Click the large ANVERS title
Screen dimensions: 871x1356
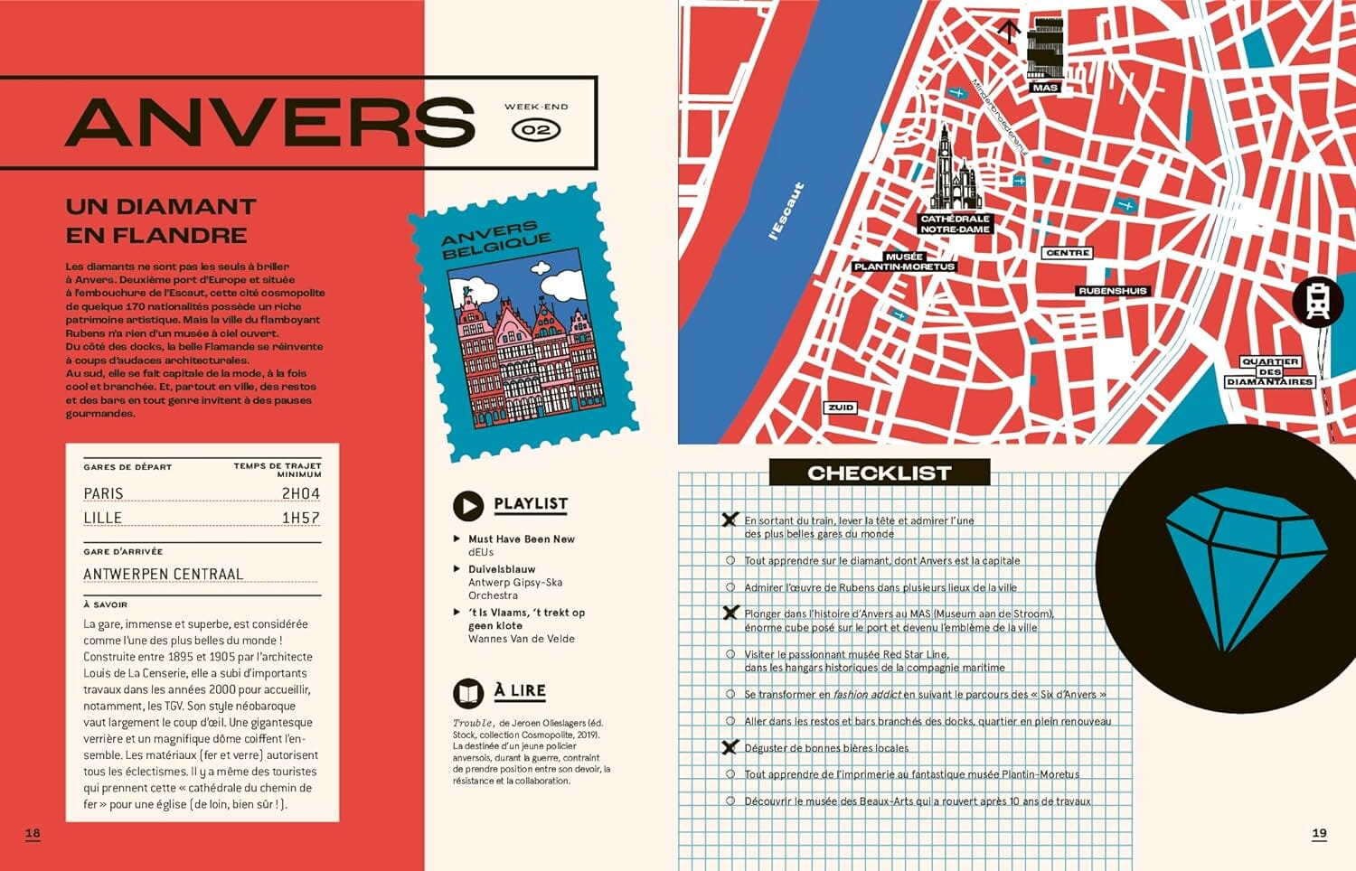point(270,122)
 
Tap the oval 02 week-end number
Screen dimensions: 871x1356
point(536,130)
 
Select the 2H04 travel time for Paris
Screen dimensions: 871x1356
point(300,493)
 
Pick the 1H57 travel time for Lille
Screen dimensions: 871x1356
point(300,518)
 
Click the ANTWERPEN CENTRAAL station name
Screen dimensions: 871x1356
point(163,574)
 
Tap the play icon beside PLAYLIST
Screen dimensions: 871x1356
point(468,506)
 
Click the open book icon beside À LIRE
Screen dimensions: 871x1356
point(468,693)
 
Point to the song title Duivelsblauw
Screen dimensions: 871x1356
point(502,569)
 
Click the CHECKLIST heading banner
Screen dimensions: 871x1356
point(879,473)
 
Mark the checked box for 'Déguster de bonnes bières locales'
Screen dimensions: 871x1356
point(730,747)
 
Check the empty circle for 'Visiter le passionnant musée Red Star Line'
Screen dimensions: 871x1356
point(730,654)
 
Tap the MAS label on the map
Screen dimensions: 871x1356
point(1045,88)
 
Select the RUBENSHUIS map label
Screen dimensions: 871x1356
point(1112,291)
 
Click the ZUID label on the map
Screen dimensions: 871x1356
point(841,407)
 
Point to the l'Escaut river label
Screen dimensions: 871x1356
point(786,211)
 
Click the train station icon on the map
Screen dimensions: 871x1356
point(1317,301)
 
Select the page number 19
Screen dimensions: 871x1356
point(1319,833)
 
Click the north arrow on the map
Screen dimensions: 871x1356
point(1009,32)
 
